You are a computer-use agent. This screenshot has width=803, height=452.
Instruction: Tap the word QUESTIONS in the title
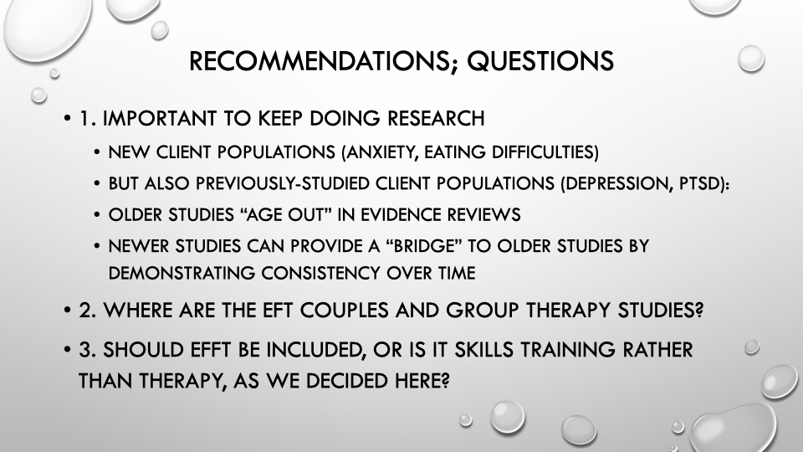[x=540, y=61]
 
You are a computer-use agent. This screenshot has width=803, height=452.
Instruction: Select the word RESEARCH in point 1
[x=436, y=118]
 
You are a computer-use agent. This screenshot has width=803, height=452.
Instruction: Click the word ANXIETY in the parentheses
[x=380, y=152]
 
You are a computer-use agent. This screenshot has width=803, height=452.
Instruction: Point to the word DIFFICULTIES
[x=545, y=152]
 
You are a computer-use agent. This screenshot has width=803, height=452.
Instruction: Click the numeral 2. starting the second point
[x=88, y=311]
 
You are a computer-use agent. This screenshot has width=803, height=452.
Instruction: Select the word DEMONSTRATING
[x=182, y=273]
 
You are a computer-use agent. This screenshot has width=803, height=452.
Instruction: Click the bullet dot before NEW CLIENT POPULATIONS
[x=97, y=152]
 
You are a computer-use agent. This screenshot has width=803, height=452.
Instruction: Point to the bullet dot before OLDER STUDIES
[x=97, y=215]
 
